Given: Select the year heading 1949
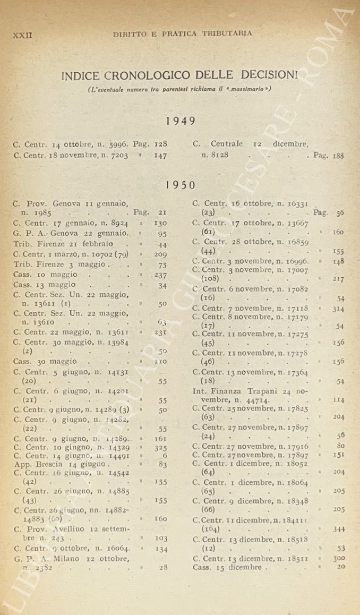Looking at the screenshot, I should tap(181, 121).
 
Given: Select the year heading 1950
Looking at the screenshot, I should tap(181, 185).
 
